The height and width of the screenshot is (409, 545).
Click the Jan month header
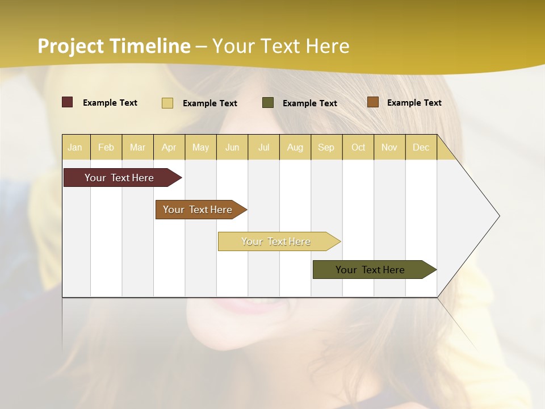pos(75,147)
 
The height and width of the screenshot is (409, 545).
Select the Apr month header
pos(169,147)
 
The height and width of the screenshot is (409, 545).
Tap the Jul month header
pos(263,147)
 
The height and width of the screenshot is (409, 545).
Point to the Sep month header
pos(326,147)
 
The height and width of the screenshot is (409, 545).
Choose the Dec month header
pos(421,147)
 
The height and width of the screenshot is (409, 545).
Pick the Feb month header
pos(106,147)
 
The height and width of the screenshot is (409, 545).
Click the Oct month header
pos(358,147)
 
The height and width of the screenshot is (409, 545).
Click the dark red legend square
pos(68,102)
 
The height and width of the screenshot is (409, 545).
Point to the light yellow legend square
pos(167,103)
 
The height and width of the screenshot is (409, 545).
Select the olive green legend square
pos(268,102)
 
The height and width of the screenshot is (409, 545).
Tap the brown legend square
pos(373,102)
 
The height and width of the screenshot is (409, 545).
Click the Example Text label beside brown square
pos(414,102)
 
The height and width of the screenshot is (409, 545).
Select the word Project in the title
pos(70,46)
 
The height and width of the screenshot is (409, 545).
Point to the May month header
pos(200,147)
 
